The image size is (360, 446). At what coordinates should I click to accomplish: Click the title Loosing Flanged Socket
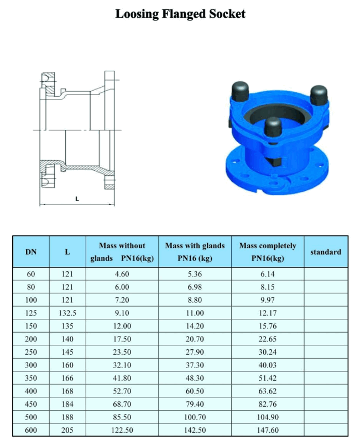180,14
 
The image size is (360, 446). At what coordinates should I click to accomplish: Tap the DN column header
31,252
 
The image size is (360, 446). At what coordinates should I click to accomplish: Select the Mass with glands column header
195,252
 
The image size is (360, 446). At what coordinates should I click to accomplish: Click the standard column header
325,252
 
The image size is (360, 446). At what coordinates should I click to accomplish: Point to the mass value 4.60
122,274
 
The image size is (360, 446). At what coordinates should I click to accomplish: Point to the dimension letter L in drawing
77,198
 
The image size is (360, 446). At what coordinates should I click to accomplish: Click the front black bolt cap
273,128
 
